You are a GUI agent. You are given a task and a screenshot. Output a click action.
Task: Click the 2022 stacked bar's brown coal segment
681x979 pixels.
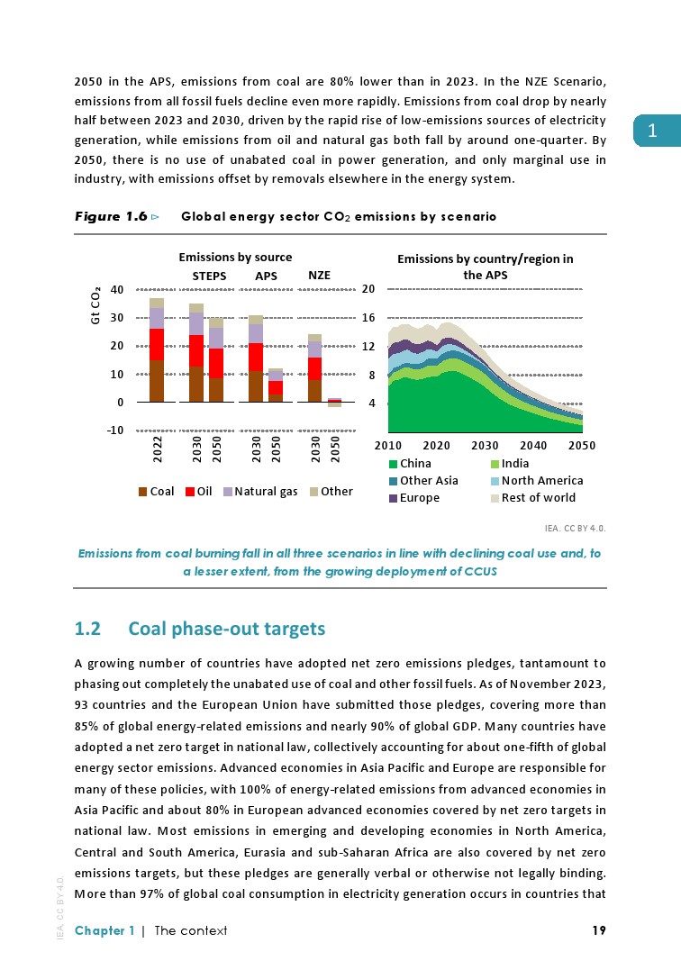[157, 380]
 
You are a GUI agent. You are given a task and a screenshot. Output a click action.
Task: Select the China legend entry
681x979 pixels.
[410, 464]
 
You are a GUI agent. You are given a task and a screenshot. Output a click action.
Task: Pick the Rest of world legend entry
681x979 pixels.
[531, 497]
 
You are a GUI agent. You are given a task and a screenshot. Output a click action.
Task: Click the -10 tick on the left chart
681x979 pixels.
[113, 431]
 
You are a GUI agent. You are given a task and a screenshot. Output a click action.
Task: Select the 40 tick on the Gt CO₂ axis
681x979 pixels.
[116, 289]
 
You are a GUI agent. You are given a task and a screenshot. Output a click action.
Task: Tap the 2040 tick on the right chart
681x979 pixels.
[534, 445]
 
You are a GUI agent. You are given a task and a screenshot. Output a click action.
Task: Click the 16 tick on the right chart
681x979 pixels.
[368, 318]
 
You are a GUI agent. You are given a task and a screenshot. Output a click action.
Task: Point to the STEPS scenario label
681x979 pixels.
[209, 275]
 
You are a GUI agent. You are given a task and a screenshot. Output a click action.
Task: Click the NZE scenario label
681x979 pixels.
[320, 275]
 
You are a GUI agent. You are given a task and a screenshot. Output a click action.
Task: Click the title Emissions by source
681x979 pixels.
[235, 258]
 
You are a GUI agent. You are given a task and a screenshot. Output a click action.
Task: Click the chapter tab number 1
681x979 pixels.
[653, 131]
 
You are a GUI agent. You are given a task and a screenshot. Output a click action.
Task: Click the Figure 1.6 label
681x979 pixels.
[111, 217]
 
